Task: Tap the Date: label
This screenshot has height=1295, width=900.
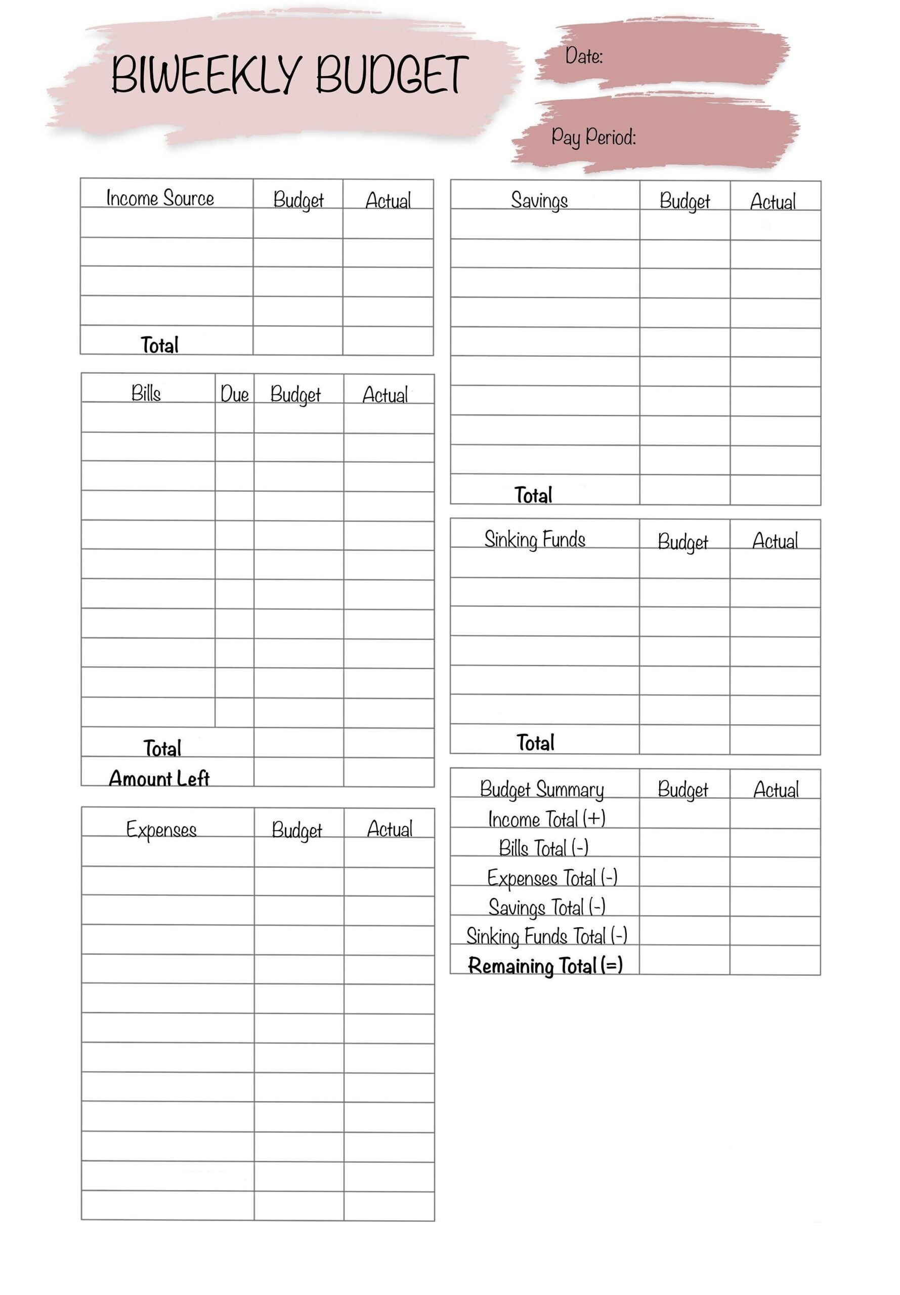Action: pyautogui.click(x=584, y=56)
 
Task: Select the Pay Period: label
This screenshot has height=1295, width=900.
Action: pyautogui.click(x=593, y=137)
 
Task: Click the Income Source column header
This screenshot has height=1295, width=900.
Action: pyautogui.click(x=160, y=198)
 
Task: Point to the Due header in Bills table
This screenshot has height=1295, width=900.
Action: pyautogui.click(x=234, y=394)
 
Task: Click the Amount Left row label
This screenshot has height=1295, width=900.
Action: pyautogui.click(x=159, y=779)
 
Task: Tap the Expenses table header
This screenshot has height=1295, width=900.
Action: pyautogui.click(x=161, y=829)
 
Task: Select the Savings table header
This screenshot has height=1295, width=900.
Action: pyautogui.click(x=539, y=200)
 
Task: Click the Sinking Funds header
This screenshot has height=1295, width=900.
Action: pyautogui.click(x=535, y=540)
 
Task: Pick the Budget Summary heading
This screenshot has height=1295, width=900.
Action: pyautogui.click(x=541, y=789)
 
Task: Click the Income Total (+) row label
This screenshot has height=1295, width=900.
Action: pyautogui.click(x=546, y=818)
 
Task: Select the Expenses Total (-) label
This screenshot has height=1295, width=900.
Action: pyautogui.click(x=552, y=878)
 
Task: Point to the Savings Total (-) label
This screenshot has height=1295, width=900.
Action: pyautogui.click(x=546, y=907)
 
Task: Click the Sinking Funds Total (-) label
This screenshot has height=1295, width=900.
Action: pyautogui.click(x=546, y=936)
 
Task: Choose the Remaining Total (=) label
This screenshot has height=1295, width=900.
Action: pyautogui.click(x=545, y=966)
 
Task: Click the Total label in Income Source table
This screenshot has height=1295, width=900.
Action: pyautogui.click(x=159, y=345)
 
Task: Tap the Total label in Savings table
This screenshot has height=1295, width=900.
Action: pyautogui.click(x=533, y=495)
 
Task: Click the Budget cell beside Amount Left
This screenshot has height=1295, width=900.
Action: pyautogui.click(x=298, y=772)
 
